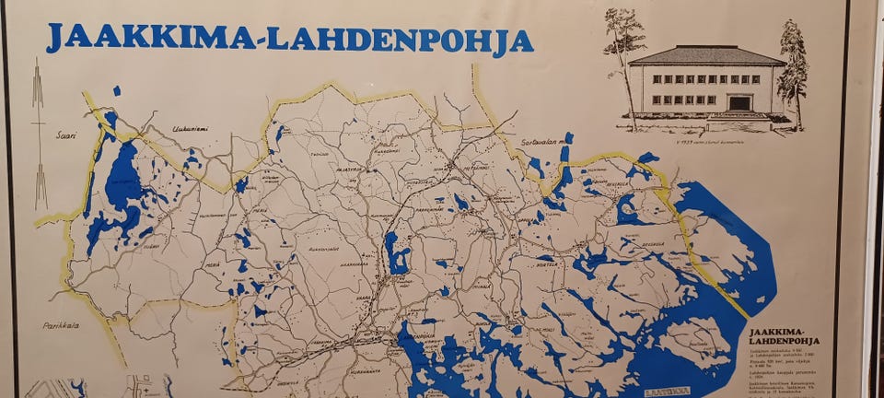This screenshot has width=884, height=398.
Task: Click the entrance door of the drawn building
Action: tap(739, 102)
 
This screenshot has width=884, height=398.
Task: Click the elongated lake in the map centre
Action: tap(397, 253)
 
